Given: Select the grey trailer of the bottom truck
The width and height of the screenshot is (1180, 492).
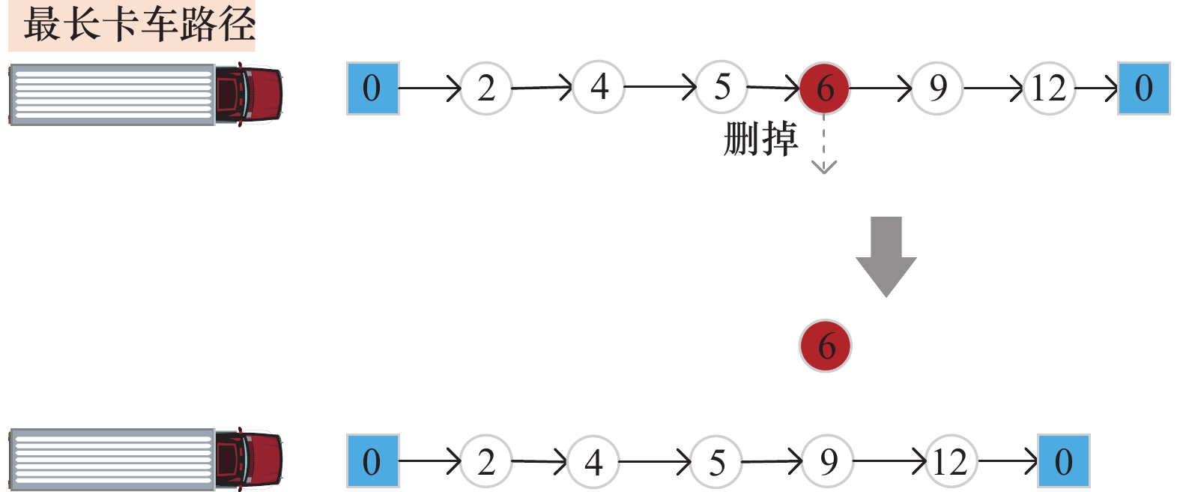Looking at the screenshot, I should coord(112,459).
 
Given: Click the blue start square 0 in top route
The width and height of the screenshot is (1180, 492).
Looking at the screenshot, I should coord(372,88).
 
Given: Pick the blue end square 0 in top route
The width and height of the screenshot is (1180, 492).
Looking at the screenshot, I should coord(1143,88).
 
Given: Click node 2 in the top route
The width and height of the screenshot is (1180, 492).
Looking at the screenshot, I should coord(486,88).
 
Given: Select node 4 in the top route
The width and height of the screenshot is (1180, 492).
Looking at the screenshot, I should coord(599,87).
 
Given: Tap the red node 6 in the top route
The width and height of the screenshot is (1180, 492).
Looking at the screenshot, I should coord(824,88).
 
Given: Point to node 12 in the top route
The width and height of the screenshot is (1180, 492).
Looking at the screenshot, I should coord(1048,88).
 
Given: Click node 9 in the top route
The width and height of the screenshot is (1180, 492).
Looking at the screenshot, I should coord(937,88).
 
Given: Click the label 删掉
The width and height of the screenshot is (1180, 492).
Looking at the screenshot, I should coord(760,139).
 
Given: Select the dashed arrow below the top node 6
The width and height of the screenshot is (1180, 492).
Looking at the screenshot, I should coord(824,146).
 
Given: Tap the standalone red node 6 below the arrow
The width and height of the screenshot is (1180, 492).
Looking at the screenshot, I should coord(826,346).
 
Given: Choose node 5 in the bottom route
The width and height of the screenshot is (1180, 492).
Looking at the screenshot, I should coord(716,462).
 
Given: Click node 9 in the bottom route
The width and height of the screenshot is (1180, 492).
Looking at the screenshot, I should coord(828,462).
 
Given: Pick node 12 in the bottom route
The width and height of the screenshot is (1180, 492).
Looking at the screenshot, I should coord(950,462).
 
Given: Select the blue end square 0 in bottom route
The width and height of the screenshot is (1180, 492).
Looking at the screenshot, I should coord(1064,462).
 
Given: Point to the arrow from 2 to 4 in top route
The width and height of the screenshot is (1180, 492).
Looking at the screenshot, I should coord(542,88).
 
